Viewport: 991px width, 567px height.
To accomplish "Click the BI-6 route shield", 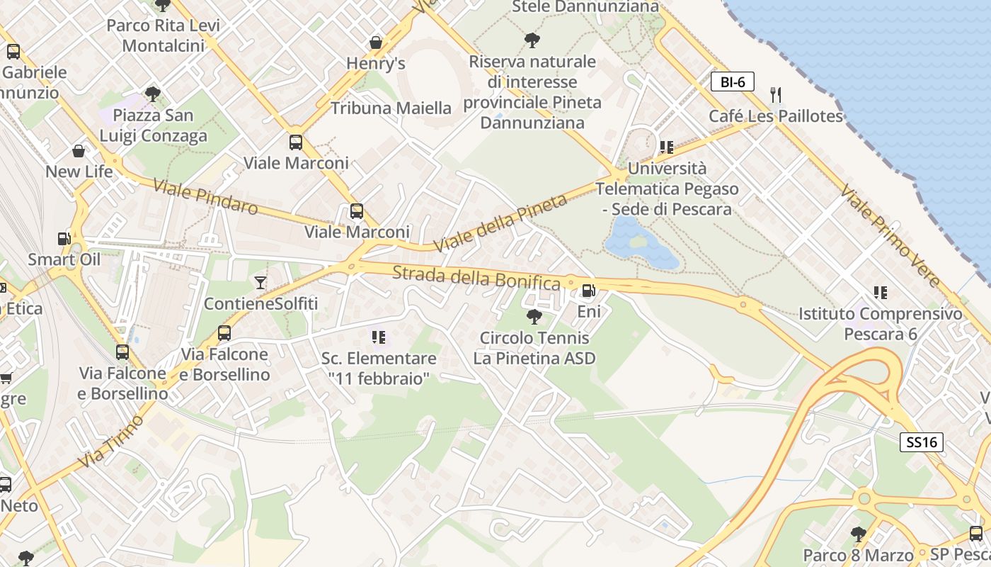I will [x=733, y=82].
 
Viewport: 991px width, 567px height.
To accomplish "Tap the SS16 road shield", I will [x=922, y=442].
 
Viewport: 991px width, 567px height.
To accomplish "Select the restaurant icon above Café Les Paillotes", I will [x=776, y=95].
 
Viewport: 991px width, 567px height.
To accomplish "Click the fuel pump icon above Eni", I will [x=588, y=291].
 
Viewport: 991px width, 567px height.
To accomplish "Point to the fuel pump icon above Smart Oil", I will [x=64, y=239].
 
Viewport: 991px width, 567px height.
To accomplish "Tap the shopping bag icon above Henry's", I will [x=376, y=43].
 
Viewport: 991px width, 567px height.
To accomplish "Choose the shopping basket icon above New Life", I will [x=79, y=151].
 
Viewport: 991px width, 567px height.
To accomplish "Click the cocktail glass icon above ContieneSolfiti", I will [x=260, y=283].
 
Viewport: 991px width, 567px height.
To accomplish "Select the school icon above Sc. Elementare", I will [x=379, y=337].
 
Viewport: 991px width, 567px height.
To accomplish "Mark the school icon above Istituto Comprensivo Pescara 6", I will [x=881, y=292].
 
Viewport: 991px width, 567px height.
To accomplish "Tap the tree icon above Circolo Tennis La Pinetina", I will [x=534, y=316].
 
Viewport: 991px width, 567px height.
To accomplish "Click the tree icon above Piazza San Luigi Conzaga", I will [x=152, y=94].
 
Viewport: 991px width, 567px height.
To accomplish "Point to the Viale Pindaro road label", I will [x=205, y=197].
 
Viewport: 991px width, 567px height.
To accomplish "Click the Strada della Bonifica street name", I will [x=476, y=278].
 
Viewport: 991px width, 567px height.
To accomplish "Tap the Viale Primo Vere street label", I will [x=890, y=236].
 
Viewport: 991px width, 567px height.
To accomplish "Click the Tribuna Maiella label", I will [x=391, y=108].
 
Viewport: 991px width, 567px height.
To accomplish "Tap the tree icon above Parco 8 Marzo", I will [x=858, y=533].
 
